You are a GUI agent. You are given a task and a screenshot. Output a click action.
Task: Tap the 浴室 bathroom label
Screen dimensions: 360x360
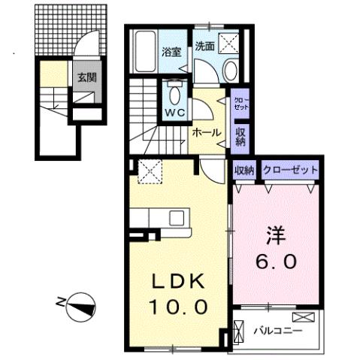coord(172,52)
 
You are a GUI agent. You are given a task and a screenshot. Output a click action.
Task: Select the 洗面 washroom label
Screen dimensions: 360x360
coord(205,46)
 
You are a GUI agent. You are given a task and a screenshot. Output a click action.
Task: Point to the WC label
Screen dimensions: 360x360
coord(175,113)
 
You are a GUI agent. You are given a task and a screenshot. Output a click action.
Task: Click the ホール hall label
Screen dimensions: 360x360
coord(207,132)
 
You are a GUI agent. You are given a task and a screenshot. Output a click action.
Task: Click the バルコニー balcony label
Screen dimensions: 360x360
coord(277,330)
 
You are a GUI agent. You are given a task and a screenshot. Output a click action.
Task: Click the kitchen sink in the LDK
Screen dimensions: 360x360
coord(177,219)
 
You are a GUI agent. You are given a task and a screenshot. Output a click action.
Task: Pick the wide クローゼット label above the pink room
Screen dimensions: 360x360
coord(289,170)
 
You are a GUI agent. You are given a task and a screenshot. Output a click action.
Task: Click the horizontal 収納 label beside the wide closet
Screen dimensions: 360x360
coord(245,170)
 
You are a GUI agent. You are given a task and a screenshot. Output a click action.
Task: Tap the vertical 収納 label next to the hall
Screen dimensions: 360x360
coord(241,136)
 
